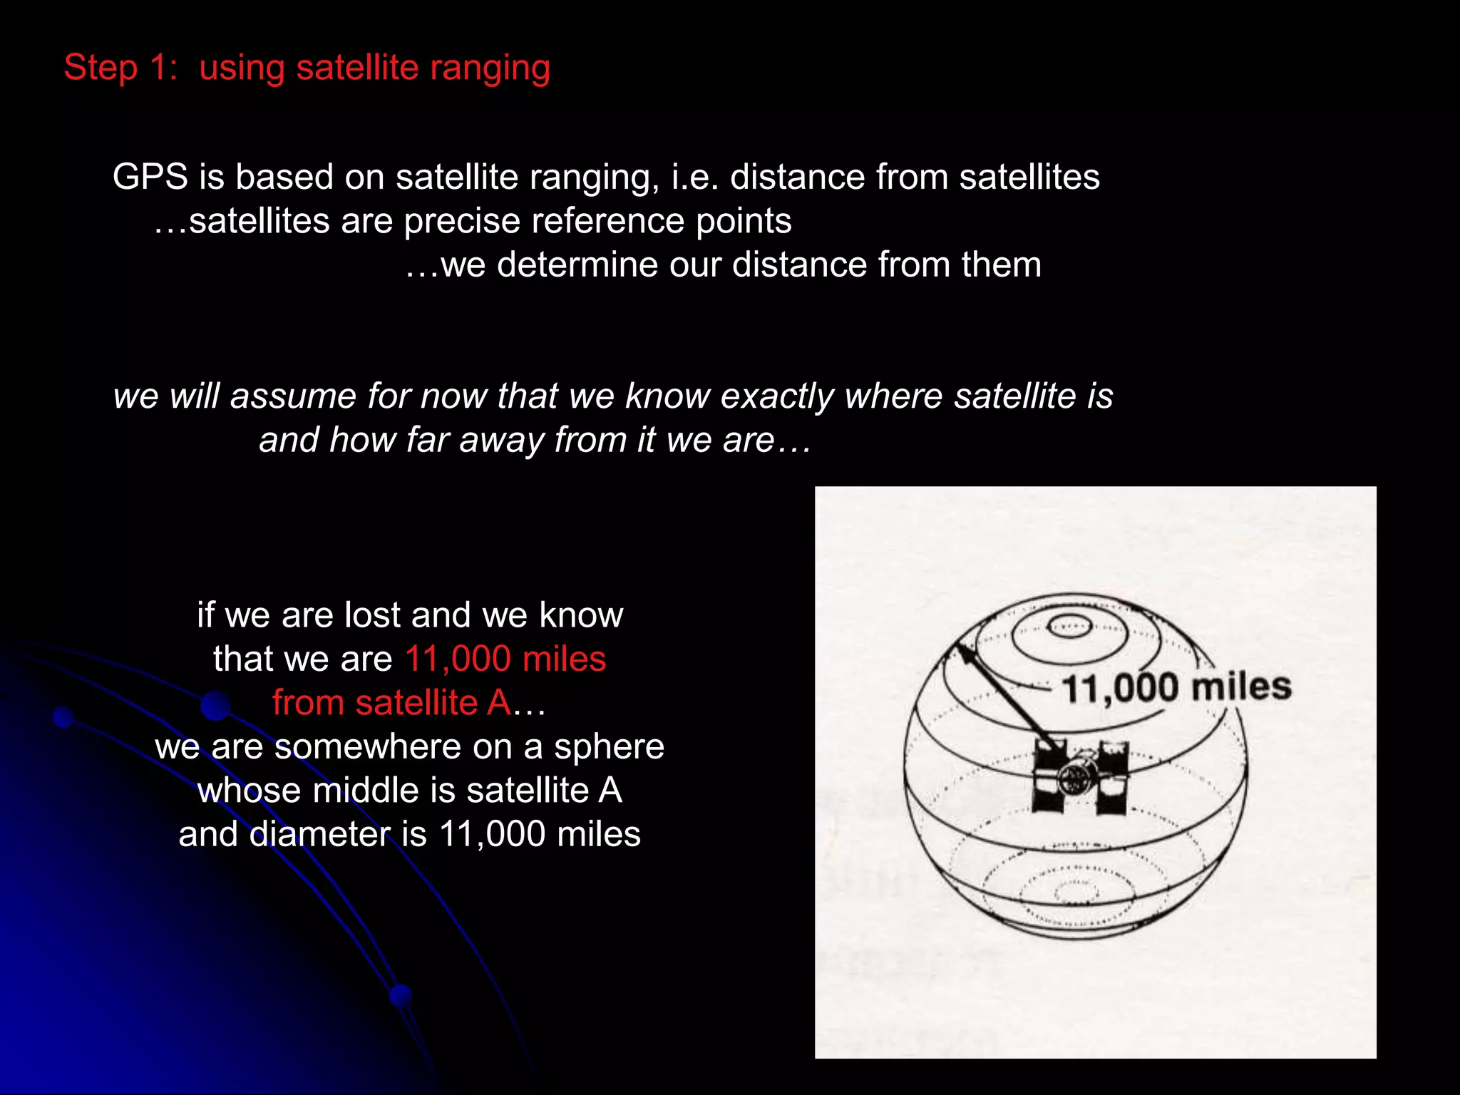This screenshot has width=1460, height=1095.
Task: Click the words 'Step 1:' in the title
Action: (120, 68)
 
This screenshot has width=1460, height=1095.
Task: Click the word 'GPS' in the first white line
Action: (150, 177)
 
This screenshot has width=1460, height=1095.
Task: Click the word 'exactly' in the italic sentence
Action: (777, 396)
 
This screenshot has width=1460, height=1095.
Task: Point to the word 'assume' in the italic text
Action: (292, 396)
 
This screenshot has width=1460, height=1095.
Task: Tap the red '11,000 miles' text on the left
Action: (505, 659)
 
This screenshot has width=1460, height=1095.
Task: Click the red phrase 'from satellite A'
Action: (391, 703)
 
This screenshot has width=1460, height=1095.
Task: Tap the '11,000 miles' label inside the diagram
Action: (1176, 688)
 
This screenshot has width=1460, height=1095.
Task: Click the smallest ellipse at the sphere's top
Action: (1069, 628)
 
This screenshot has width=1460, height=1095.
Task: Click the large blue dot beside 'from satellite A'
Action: (215, 706)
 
